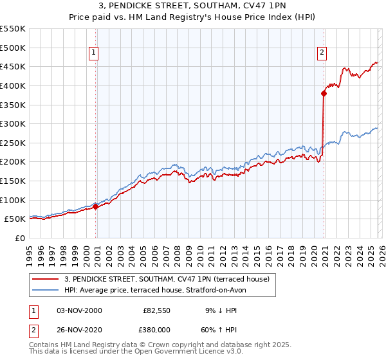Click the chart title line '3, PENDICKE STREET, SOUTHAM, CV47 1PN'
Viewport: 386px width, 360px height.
(193, 7)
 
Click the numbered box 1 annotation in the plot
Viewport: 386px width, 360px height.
(94, 53)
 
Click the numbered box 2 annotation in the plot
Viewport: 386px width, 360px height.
(321, 53)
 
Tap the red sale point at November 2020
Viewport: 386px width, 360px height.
(324, 93)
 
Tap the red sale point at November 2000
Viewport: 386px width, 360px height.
(95, 206)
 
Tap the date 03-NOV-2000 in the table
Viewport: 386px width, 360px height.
(79, 310)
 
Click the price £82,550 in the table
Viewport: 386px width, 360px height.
(156, 310)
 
